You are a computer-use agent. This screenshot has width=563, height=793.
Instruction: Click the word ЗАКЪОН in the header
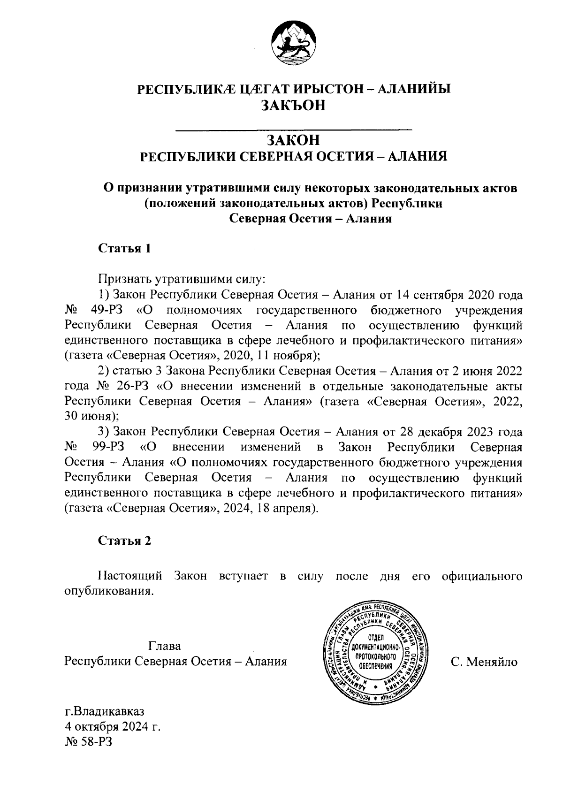(x=293, y=106)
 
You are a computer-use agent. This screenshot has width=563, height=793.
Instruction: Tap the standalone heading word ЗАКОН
(x=293, y=140)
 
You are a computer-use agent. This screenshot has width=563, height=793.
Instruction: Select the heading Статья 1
(x=124, y=248)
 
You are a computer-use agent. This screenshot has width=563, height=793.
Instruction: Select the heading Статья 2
(x=124, y=541)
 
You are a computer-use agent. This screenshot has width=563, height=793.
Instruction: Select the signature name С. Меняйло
(x=484, y=662)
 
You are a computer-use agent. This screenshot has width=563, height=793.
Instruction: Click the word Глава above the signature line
(x=164, y=646)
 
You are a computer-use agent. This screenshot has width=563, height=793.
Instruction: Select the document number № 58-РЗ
(x=89, y=743)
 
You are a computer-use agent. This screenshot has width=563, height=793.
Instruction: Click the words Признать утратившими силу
(x=182, y=280)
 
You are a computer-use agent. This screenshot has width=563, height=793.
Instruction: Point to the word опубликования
(x=108, y=591)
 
